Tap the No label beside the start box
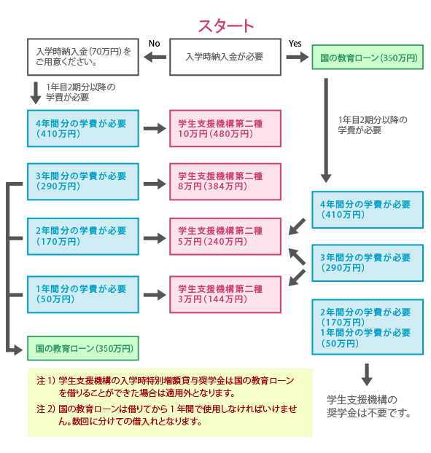pyautogui.click(x=154, y=44)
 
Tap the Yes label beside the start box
pyautogui.click(x=295, y=44)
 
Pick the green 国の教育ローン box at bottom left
pyautogui.click(x=82, y=348)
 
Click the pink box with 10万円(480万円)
pyautogui.click(x=225, y=128)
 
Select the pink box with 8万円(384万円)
pyautogui.click(x=225, y=181)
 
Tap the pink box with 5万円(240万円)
pyautogui.click(x=225, y=236)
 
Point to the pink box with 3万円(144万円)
pyautogui.click(x=225, y=294)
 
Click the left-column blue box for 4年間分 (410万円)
pyautogui.click(x=82, y=128)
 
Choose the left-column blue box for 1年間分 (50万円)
pyautogui.click(x=82, y=294)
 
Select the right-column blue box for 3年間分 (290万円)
pyautogui.click(x=367, y=262)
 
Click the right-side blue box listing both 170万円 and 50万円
pyautogui.click(x=367, y=327)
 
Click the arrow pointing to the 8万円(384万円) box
pyautogui.click(x=154, y=182)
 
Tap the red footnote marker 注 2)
pyautogui.click(x=45, y=409)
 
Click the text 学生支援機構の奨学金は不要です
pyautogui.click(x=368, y=406)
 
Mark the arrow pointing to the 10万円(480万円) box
pyautogui.click(x=154, y=128)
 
